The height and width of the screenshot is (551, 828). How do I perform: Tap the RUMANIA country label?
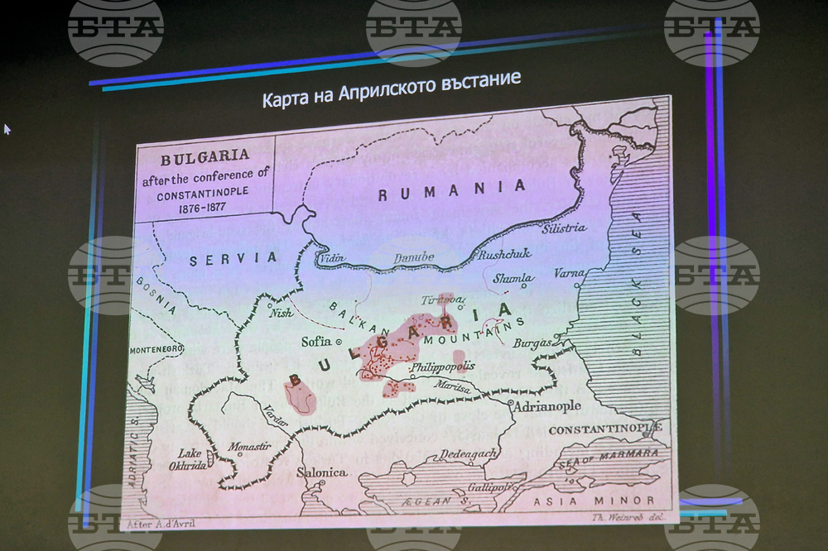[x=451, y=190]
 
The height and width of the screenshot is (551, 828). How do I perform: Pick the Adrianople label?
[x=547, y=406]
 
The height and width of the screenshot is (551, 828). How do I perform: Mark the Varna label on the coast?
[x=569, y=273]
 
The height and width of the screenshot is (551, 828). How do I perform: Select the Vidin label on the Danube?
[x=331, y=258]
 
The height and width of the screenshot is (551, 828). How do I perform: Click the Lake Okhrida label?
[x=189, y=458]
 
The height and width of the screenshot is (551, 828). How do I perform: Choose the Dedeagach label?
[x=468, y=453]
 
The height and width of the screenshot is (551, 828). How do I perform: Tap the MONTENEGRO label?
[x=155, y=350]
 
